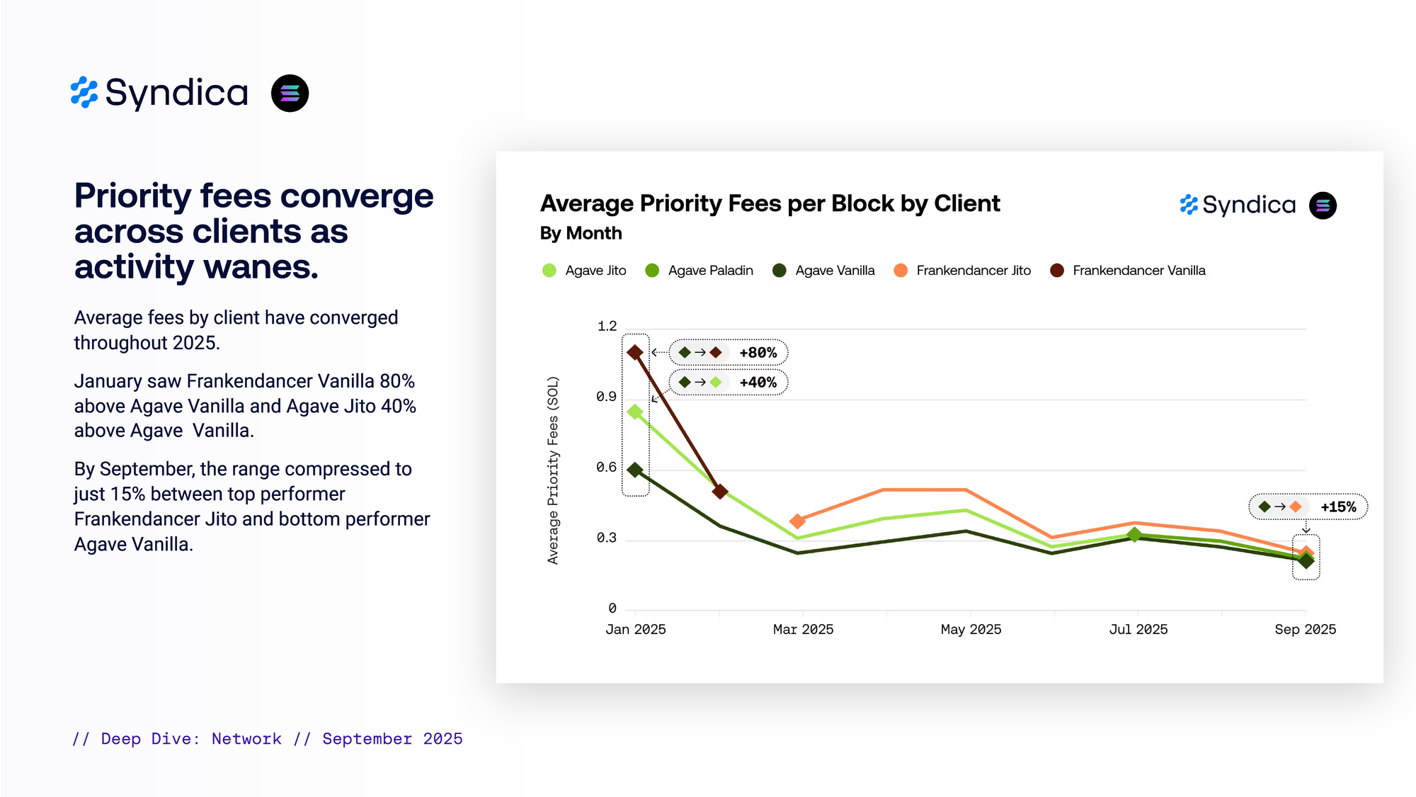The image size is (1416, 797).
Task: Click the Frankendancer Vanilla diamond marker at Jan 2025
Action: tap(635, 352)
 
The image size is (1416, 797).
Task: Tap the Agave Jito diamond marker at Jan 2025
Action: tap(635, 412)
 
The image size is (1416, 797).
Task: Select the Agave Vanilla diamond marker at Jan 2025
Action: tap(635, 470)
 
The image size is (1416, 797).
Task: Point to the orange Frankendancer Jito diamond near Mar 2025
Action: tap(797, 521)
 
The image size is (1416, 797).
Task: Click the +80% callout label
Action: tap(758, 353)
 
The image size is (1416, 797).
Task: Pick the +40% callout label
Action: tap(758, 383)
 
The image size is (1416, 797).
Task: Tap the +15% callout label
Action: tap(1338, 507)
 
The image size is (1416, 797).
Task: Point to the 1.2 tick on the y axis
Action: tap(607, 327)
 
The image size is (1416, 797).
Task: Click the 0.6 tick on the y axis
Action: tap(606, 468)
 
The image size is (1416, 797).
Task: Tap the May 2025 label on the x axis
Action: tap(971, 630)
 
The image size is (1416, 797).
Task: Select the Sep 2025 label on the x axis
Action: tap(1305, 630)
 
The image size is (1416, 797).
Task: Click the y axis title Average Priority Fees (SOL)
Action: tap(553, 470)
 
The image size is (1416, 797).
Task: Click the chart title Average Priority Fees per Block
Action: tap(770, 204)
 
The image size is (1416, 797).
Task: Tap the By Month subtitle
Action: tap(581, 234)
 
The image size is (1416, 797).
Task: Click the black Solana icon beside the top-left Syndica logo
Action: tap(290, 94)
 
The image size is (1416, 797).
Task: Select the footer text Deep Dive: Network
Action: tap(191, 739)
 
